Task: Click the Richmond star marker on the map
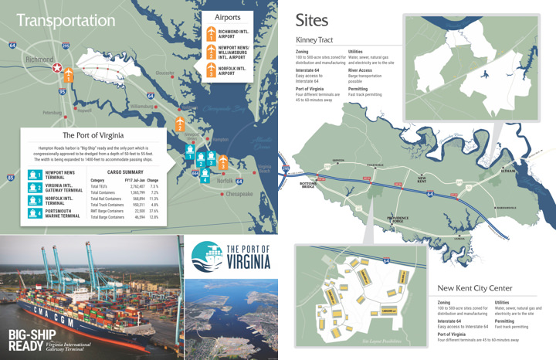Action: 56,69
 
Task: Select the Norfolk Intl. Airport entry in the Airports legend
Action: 232,72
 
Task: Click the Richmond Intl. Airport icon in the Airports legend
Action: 211,32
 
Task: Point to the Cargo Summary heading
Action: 124,172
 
